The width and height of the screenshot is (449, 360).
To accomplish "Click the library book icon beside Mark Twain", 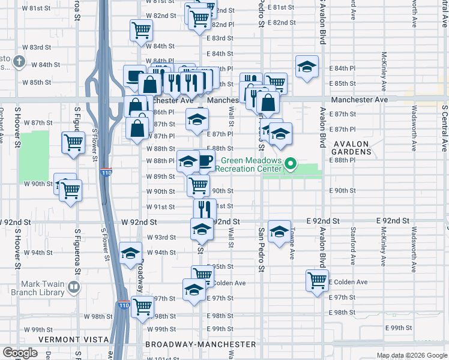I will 74,287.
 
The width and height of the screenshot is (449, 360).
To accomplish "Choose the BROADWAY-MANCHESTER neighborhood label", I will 200,344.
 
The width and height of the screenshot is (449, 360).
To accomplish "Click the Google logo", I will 20,353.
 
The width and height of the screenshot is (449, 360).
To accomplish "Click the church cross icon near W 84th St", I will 19,61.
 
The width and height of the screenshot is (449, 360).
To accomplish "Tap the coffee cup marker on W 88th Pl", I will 205,161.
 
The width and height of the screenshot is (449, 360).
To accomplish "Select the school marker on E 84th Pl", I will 306,67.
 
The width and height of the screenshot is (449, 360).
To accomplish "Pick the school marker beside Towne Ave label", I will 279,232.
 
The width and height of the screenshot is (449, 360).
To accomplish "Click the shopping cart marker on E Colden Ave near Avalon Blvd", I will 317,279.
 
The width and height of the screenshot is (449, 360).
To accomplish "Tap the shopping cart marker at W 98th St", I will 142,306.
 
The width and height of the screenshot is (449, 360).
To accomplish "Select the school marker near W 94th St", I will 130,253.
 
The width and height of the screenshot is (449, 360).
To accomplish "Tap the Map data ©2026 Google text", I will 412,355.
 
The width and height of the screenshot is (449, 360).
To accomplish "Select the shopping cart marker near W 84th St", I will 140,29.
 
